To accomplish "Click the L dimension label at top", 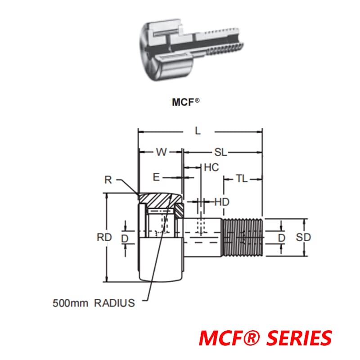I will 198,131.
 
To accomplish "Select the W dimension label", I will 161,152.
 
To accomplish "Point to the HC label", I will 211,167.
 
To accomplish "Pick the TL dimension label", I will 241,179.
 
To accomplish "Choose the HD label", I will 221,202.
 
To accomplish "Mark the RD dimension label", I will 103,238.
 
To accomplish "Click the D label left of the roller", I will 125,238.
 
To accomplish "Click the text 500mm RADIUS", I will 93,303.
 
